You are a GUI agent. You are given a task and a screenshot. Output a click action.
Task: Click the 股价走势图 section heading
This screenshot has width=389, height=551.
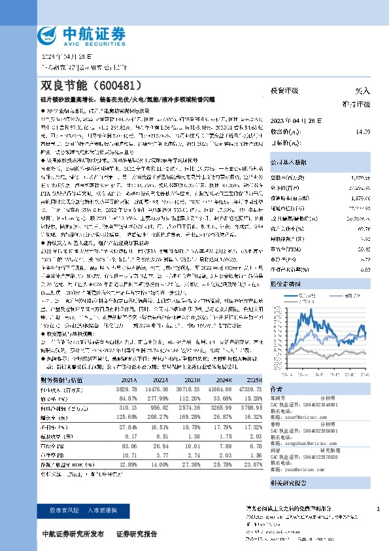click(x=286, y=285)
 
